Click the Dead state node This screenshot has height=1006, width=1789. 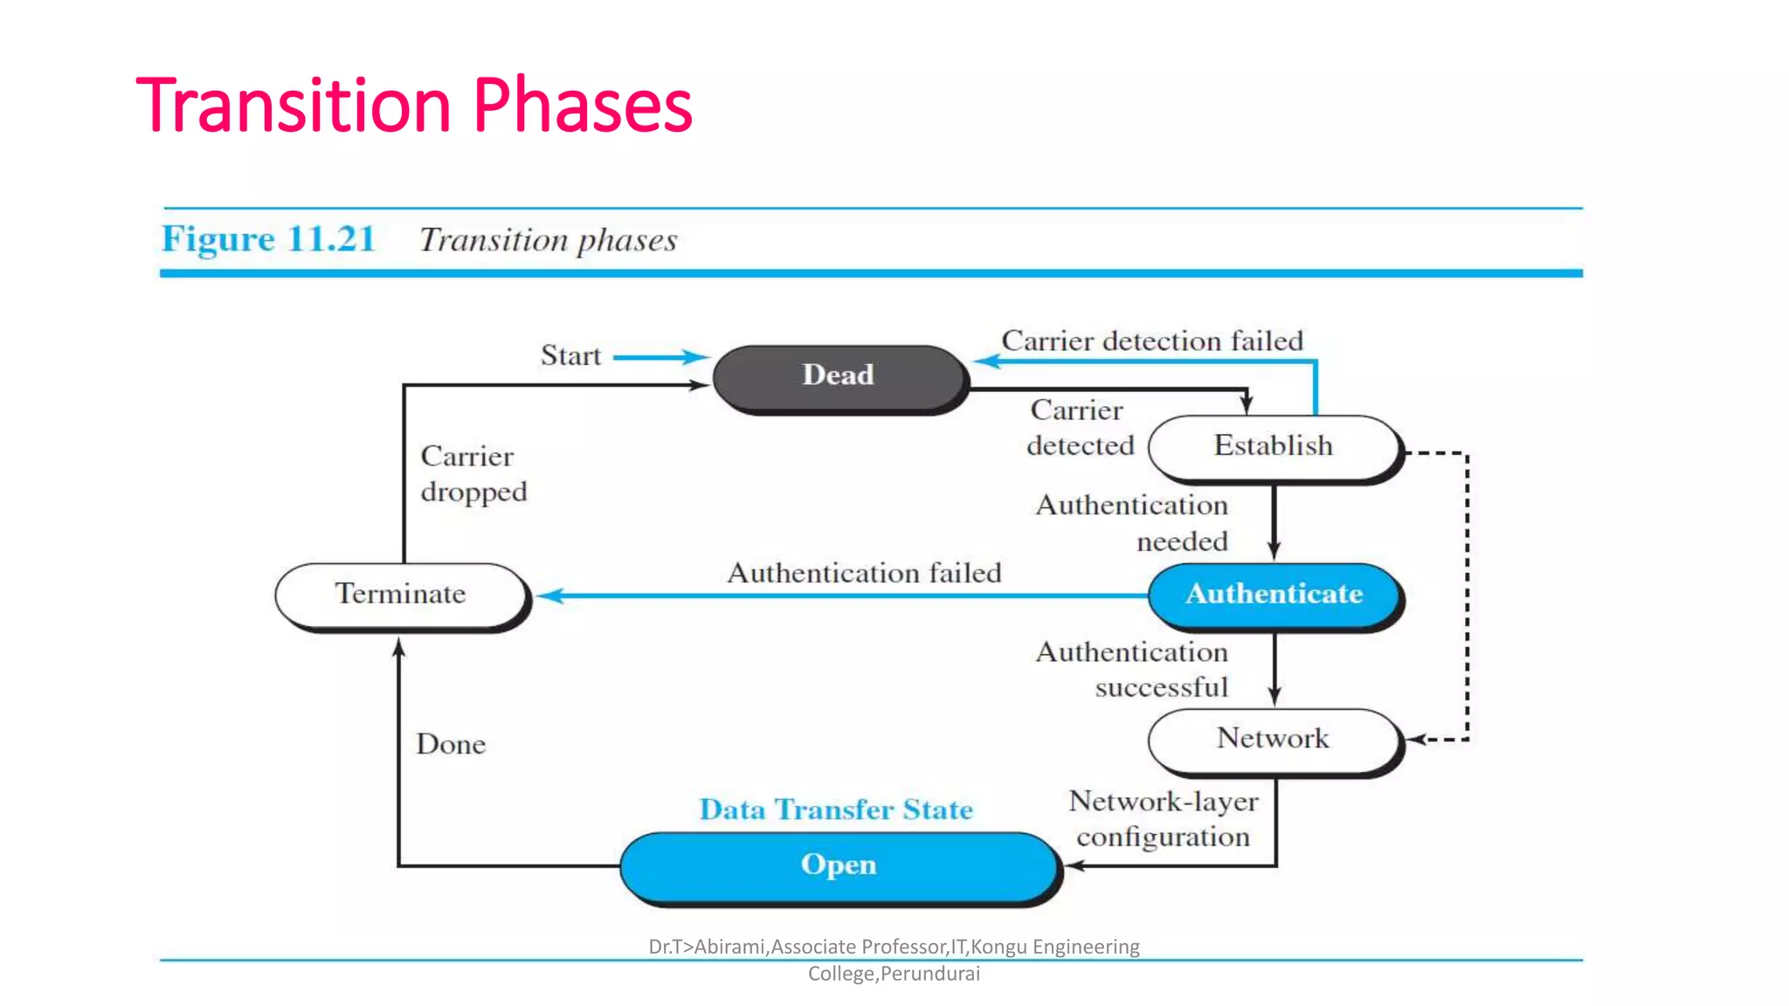click(839, 376)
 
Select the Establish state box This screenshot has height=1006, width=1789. click(1273, 446)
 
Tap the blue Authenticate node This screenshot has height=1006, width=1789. click(1273, 594)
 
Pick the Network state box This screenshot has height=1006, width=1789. click(1273, 739)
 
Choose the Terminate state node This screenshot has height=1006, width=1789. click(401, 594)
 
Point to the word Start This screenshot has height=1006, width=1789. click(570, 356)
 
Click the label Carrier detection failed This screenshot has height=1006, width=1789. click(1151, 341)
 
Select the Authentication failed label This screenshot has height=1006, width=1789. click(864, 573)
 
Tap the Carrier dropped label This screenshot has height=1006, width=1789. click(473, 474)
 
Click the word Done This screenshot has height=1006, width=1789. click(451, 744)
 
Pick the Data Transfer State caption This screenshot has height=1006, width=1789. click(836, 810)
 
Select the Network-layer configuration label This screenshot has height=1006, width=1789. click(1163, 819)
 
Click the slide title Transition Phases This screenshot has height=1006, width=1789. click(414, 106)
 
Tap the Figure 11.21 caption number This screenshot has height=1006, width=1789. click(268, 239)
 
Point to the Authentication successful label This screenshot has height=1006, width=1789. click(1132, 670)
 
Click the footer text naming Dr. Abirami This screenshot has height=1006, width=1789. click(894, 959)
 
